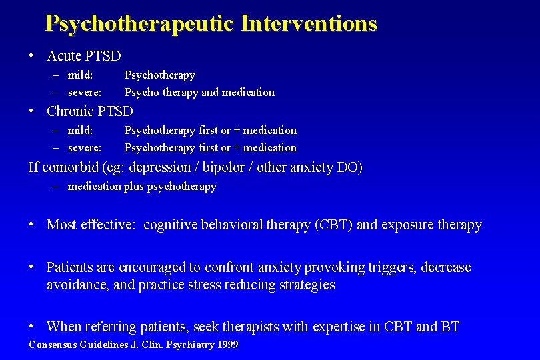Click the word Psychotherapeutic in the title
tap(139, 24)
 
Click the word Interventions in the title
tap(309, 24)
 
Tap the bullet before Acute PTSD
tap(31, 55)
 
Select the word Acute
tap(64, 56)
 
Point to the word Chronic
tap(70, 111)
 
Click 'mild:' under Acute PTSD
tap(80, 75)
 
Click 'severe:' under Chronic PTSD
tap(85, 147)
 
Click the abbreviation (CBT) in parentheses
tap(333, 225)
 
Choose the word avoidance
tap(75, 285)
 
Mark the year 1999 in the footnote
tap(226, 345)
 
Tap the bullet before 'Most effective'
tap(31, 224)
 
